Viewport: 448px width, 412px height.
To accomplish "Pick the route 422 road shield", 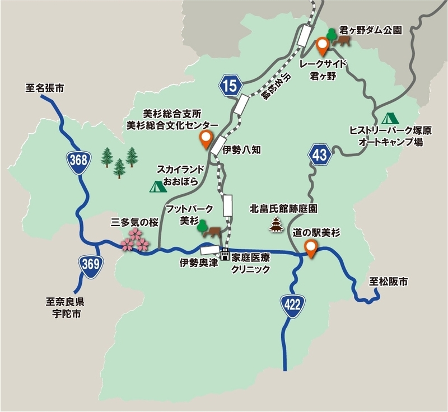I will (292, 305).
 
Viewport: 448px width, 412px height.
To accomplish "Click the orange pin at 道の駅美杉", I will (310, 247).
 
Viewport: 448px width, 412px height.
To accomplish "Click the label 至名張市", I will (45, 88).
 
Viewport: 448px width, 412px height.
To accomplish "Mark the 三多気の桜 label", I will (136, 223).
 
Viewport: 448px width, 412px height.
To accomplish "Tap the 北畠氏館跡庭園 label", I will (283, 209).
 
